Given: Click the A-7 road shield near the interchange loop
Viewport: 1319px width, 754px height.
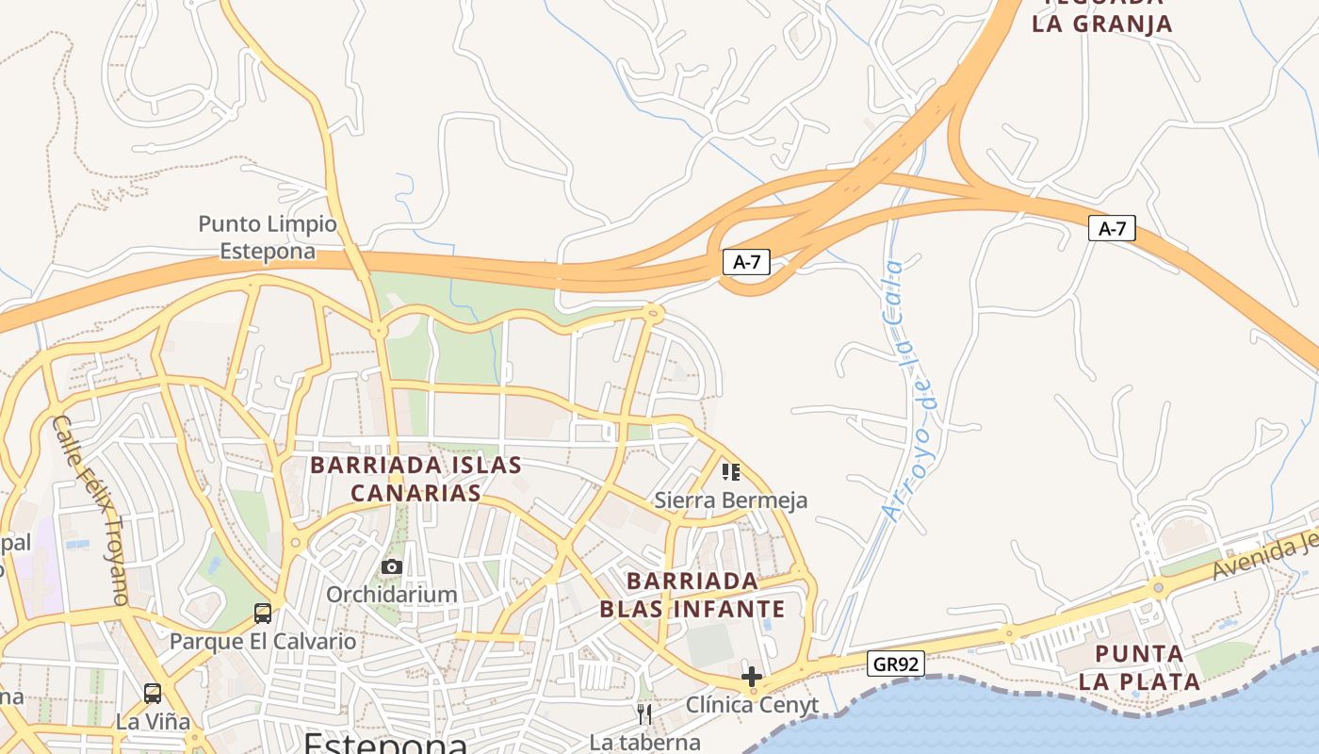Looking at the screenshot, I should point(746,262).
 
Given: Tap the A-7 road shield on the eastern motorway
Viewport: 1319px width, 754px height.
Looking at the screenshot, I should point(1112,228).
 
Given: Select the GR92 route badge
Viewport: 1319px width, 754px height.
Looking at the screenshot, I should point(895,664).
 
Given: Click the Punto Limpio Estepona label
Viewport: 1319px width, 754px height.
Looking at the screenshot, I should point(268,238).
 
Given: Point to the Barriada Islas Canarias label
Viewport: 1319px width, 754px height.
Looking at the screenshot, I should point(415,479).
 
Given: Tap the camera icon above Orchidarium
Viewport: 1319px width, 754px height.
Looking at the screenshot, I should point(392,566).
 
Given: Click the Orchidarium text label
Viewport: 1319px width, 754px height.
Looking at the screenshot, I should point(392,595).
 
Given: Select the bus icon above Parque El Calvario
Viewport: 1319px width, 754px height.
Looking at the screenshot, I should point(263,614).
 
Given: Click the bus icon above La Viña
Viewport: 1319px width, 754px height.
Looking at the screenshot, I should point(153,694).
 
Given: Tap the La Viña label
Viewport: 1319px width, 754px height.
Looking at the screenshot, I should point(153,722).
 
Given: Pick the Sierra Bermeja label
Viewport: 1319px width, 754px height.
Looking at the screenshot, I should point(731,500).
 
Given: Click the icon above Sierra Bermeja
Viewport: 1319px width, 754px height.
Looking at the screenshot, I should point(731,471).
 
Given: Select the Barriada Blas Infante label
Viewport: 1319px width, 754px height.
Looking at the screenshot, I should point(692,595).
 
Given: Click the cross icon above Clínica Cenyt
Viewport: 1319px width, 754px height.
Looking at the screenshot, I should point(752,677).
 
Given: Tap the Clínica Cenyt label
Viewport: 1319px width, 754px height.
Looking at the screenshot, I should point(752,705).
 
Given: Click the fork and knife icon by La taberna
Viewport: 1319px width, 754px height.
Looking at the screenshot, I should point(644,714).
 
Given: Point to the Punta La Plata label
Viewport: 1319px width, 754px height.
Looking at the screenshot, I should point(1140,667).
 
